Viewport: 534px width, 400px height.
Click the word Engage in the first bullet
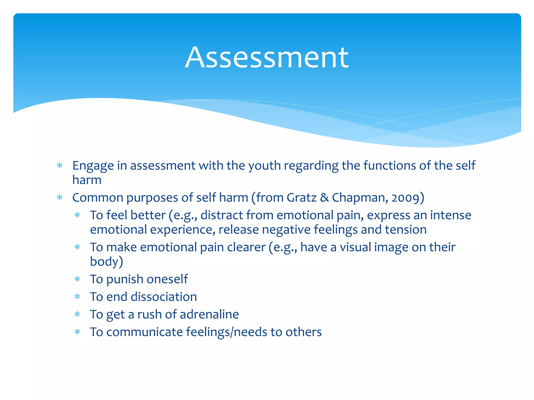pyautogui.click(x=93, y=166)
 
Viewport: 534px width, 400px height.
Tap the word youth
pyautogui.click(x=264, y=166)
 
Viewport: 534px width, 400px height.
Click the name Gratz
pyautogui.click(x=302, y=198)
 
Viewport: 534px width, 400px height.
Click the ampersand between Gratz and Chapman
pyautogui.click(x=324, y=198)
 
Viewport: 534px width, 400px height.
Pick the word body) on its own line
pyautogui.click(x=106, y=262)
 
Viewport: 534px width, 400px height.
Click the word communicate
pyautogui.click(x=144, y=332)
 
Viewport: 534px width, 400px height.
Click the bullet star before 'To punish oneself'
pyautogui.click(x=77, y=279)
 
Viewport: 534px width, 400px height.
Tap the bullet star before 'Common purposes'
pyautogui.click(x=60, y=198)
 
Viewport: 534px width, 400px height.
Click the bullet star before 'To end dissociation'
pyautogui.click(x=77, y=297)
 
